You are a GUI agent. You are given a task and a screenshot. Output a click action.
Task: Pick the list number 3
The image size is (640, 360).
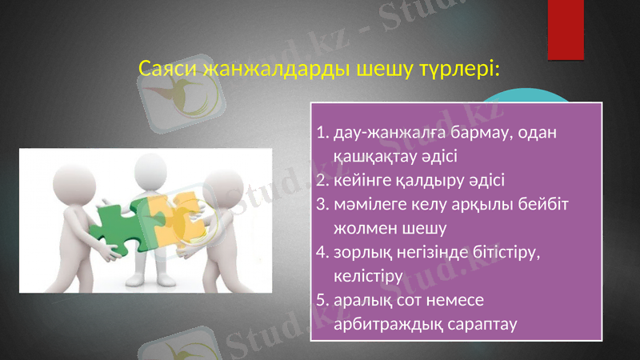[x=322, y=204]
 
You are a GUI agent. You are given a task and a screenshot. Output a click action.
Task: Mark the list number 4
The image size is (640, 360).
[x=322, y=253]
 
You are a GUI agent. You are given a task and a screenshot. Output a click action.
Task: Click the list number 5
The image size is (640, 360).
[x=322, y=301]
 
